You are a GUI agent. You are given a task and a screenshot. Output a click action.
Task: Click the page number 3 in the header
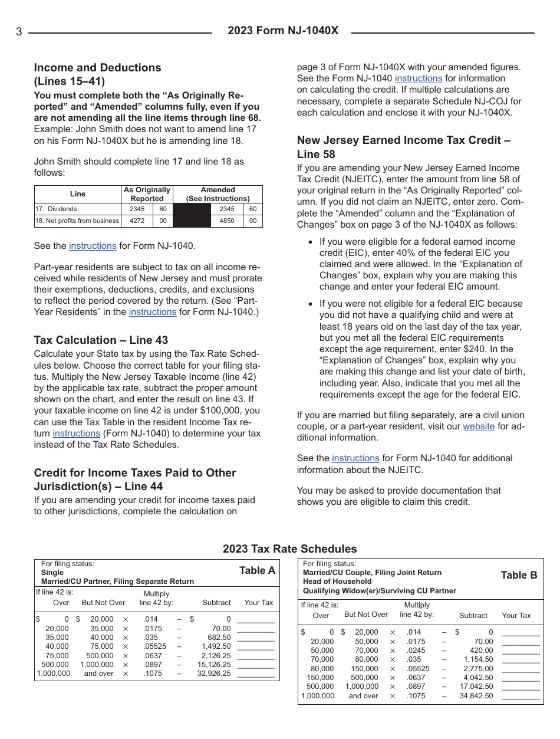(19, 32)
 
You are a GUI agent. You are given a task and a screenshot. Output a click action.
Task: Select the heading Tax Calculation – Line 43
(101, 340)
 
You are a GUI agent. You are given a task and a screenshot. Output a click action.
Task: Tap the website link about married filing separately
(479, 426)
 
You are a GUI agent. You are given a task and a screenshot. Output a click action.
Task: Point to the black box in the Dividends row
(191, 209)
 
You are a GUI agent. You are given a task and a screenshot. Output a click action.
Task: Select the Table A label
(257, 570)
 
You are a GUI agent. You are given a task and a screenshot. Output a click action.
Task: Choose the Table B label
(519, 576)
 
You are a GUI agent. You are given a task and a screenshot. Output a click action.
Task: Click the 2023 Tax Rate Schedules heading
(289, 549)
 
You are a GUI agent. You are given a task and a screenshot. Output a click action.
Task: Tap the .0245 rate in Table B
(415, 651)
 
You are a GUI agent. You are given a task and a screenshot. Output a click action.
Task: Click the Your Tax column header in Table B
(516, 616)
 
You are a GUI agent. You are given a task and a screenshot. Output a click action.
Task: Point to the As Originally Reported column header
(146, 194)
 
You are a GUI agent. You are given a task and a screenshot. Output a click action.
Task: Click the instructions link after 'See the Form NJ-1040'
(418, 78)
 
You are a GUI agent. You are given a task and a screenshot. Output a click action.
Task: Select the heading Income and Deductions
(97, 68)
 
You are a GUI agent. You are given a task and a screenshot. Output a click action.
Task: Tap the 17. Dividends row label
(55, 209)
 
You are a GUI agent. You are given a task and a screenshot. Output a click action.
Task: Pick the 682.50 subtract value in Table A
(219, 638)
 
